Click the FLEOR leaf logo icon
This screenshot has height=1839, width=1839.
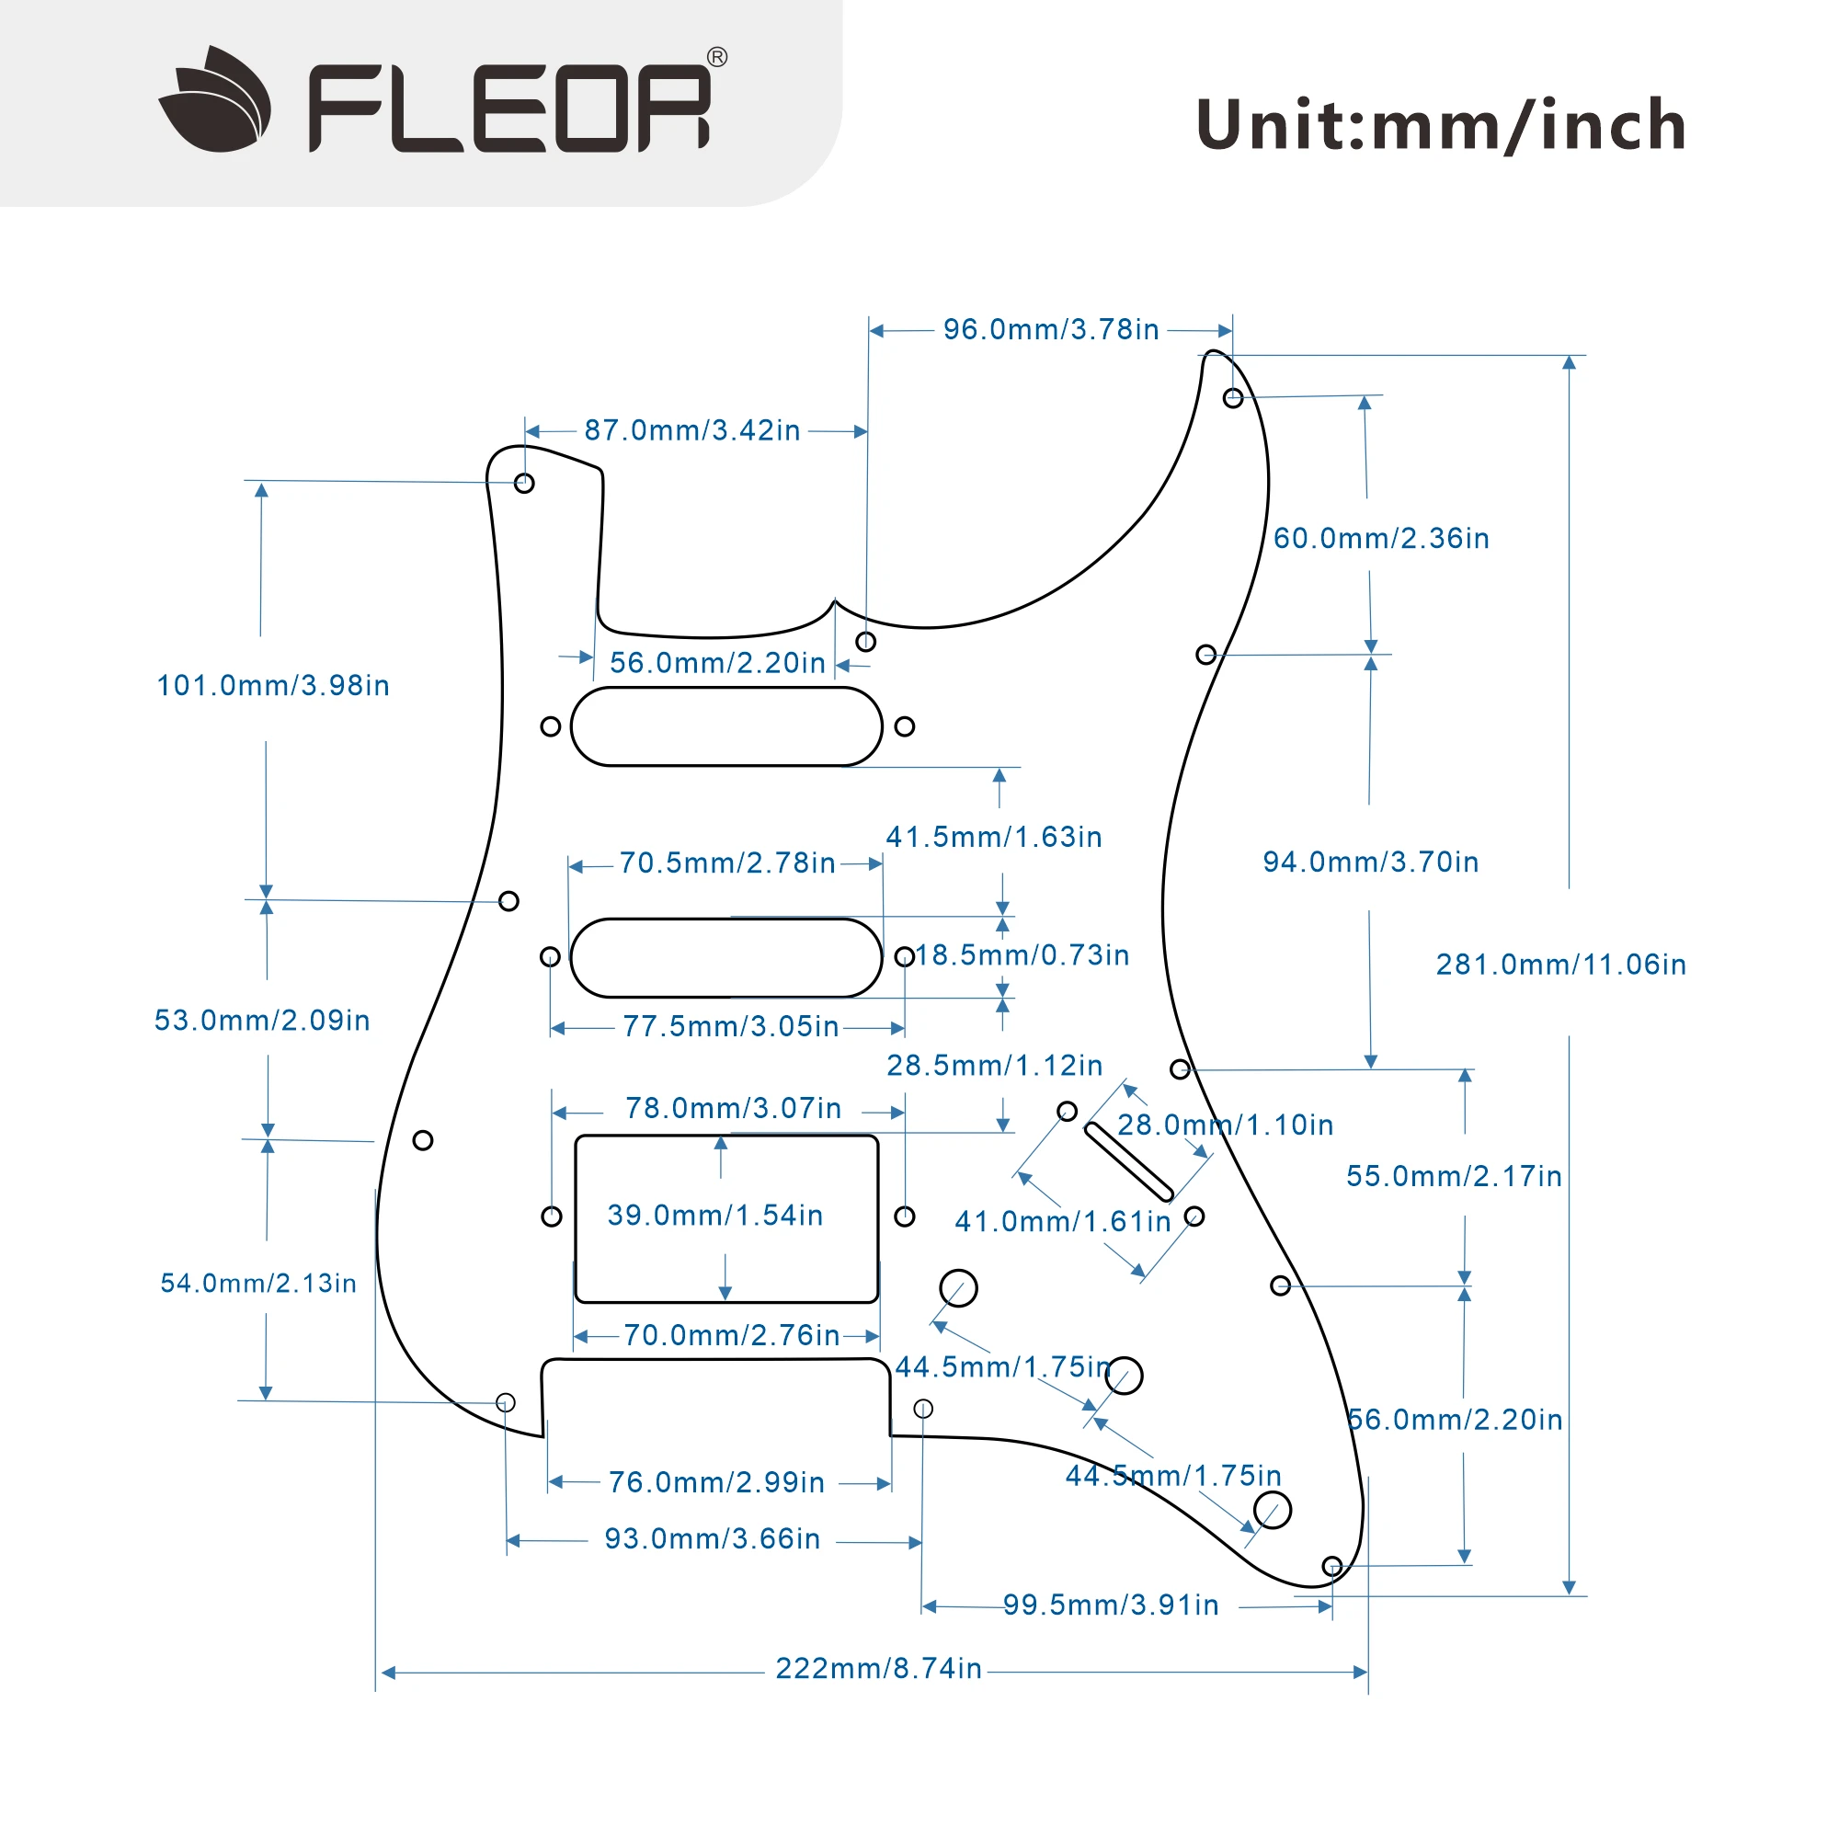pos(215,100)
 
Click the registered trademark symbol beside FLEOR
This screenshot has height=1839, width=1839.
pos(717,57)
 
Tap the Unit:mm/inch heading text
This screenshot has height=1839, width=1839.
pos(1440,126)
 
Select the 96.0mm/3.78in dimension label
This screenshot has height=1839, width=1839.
pos(1051,329)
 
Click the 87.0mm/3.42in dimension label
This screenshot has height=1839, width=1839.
pos(692,430)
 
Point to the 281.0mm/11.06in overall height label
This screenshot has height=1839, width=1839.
pos(1560,965)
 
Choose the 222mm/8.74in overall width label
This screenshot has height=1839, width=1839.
pos(877,1669)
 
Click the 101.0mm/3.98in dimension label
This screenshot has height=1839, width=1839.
pos(273,685)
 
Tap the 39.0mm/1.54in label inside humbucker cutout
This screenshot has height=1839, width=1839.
pos(714,1216)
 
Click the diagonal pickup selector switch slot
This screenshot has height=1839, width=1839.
pos(1129,1162)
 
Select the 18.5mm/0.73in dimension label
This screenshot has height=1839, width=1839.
pos(1022,954)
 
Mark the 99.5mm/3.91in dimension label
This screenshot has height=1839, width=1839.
pos(1111,1605)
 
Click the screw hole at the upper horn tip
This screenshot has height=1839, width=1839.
pos(1233,399)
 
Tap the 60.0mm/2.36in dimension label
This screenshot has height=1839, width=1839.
pos(1381,539)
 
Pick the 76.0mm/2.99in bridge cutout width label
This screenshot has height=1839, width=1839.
pos(715,1482)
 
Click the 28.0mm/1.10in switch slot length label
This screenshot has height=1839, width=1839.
pos(1225,1125)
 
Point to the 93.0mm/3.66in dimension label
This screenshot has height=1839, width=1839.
pos(712,1539)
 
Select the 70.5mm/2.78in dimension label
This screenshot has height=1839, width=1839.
pos(727,863)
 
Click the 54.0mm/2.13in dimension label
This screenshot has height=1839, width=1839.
pos(258,1283)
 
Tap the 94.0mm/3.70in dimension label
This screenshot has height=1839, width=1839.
pos(1371,862)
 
